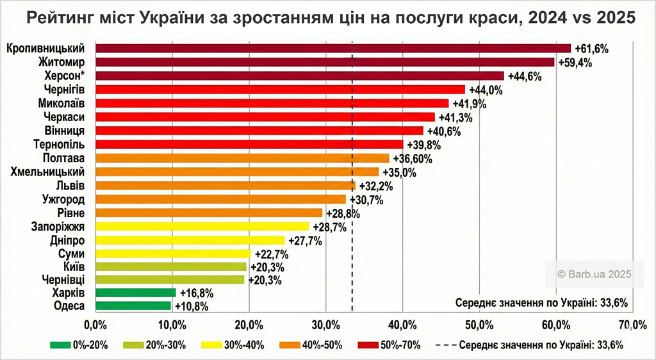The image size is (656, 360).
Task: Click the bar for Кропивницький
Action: (332, 48)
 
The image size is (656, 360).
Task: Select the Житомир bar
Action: (324, 62)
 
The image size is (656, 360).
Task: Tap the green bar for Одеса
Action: (133, 306)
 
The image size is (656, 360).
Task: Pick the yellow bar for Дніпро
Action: (190, 240)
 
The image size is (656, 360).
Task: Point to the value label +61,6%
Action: (591, 49)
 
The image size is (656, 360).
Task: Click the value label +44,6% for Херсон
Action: (525, 76)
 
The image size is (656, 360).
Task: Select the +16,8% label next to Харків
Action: (196, 293)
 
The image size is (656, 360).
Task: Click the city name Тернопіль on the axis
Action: (59, 144)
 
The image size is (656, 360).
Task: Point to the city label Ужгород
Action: (63, 199)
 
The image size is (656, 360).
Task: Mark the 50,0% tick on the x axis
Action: (479, 324)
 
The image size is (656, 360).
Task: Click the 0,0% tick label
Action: (95, 324)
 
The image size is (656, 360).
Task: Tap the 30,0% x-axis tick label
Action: (325, 324)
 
